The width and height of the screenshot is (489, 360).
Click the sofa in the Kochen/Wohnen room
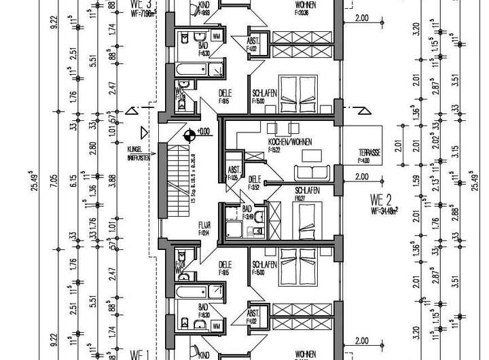[x=314, y=173]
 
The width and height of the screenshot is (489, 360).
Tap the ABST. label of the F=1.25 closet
[x=233, y=171]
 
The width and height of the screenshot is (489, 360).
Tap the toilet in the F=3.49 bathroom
[x=258, y=232]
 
